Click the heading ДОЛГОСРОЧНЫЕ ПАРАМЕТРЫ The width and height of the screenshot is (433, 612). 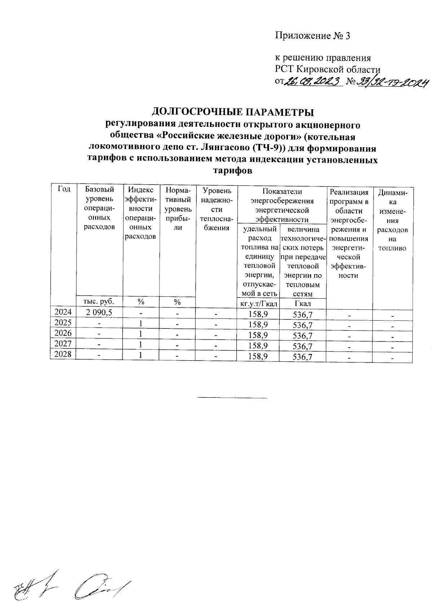point(232,112)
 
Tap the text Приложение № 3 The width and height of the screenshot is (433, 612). point(313,36)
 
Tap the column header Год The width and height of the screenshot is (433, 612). point(64,189)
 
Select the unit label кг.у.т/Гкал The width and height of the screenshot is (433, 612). point(259,304)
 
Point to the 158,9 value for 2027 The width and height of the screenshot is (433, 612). point(258,345)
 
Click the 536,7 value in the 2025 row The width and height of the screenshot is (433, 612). point(302,325)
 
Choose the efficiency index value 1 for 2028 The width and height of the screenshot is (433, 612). point(141,355)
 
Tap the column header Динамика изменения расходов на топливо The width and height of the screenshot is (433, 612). point(392,220)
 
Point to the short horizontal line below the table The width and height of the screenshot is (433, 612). point(232,398)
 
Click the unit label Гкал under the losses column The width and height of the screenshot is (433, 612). point(303,304)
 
